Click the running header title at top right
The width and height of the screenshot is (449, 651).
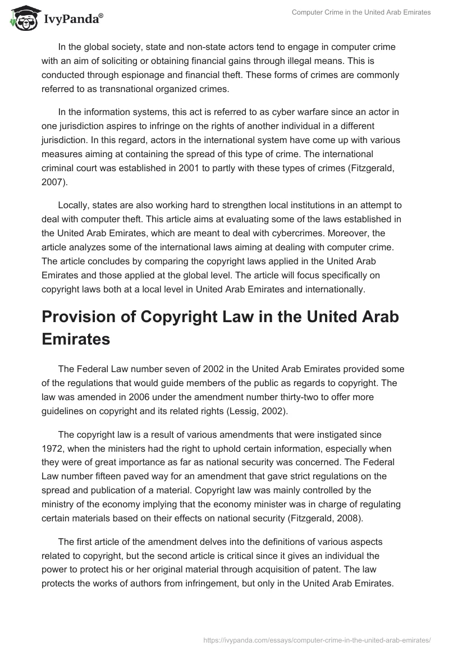tap(361, 12)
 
